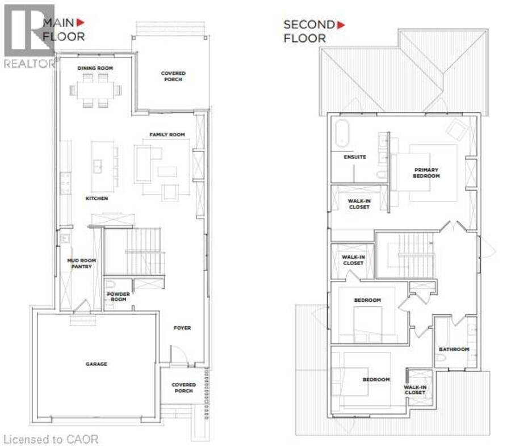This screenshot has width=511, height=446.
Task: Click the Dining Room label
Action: [95, 68]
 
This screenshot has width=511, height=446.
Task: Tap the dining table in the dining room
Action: [95, 90]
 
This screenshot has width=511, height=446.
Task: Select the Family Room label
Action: [167, 134]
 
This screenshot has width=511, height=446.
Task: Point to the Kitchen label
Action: [97, 199]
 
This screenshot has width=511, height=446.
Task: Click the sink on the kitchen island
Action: [98, 166]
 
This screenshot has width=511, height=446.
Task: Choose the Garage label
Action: [97, 364]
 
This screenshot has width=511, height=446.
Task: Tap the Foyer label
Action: [182, 328]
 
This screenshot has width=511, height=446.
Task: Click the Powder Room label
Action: [118, 297]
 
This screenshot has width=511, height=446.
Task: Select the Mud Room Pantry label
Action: [81, 263]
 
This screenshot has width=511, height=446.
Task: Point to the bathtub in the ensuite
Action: [342, 134]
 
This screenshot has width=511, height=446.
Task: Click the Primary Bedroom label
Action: [426, 173]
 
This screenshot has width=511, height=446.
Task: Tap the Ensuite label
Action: [355, 157]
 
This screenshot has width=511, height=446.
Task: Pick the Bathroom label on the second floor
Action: [454, 349]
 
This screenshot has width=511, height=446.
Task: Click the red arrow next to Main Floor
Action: [80, 23]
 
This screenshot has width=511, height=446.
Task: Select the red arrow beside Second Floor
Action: [341, 25]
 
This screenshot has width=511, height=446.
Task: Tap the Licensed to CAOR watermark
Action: [51, 440]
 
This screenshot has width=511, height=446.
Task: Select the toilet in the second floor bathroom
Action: [441, 358]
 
